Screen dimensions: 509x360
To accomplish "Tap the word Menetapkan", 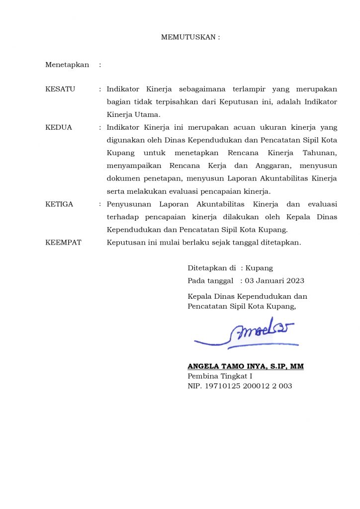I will point(67,65).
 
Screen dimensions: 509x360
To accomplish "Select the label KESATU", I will point(60,89).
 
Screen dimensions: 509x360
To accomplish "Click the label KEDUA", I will point(59,127).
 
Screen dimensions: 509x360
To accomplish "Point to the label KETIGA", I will point(59,204).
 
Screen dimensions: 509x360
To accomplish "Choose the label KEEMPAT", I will point(63,243).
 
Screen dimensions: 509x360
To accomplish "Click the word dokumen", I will point(122,178).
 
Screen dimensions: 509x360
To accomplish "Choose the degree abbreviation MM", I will point(297,366).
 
